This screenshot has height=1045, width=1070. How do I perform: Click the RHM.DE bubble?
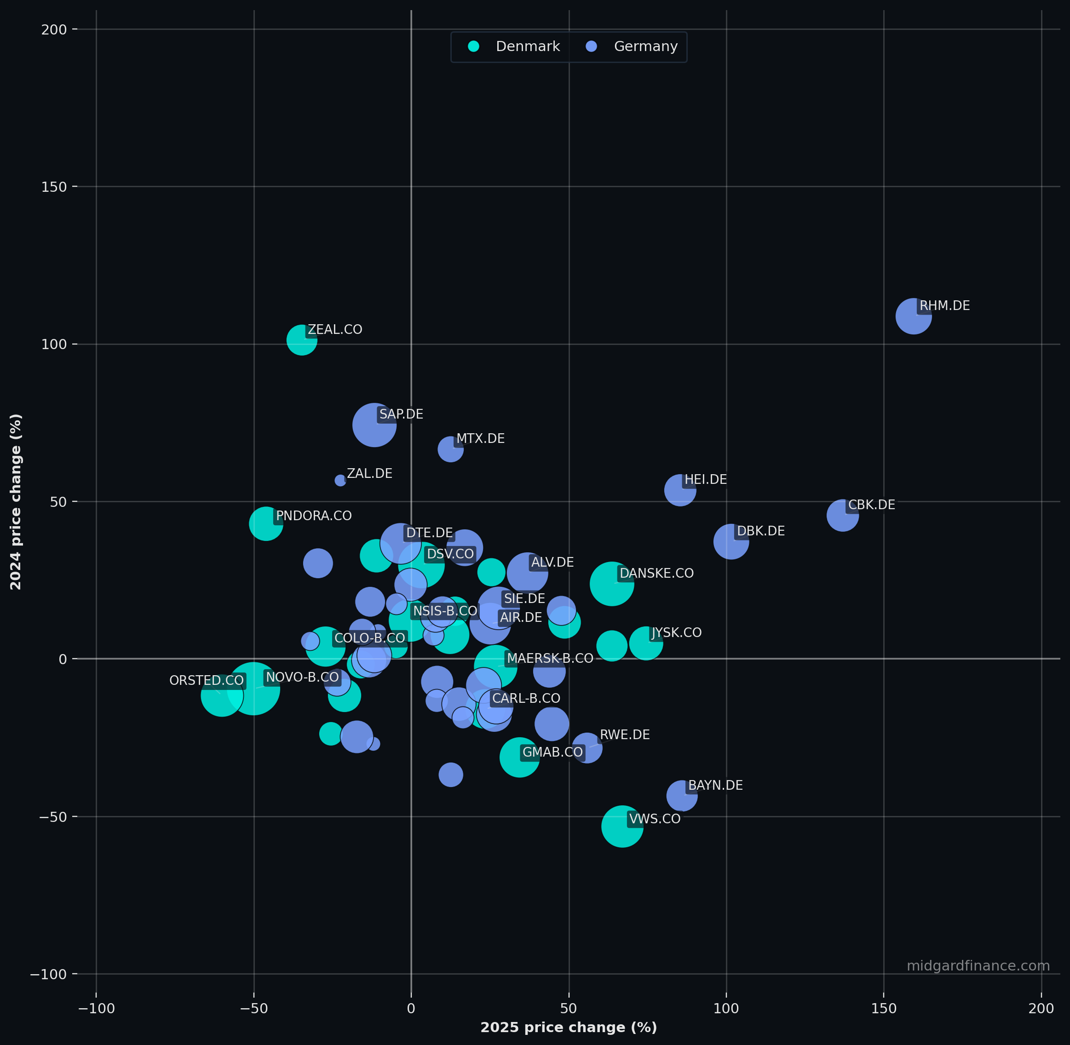(x=914, y=316)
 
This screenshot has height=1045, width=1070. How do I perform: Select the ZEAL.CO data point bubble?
(x=302, y=340)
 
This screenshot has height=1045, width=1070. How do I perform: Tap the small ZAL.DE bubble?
(x=340, y=480)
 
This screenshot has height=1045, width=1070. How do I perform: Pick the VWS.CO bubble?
(x=622, y=826)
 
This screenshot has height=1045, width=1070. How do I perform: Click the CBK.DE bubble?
(x=843, y=515)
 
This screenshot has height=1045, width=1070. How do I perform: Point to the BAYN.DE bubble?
(x=682, y=795)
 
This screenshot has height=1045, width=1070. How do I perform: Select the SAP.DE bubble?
(x=374, y=425)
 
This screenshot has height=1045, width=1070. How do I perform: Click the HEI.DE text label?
(x=706, y=480)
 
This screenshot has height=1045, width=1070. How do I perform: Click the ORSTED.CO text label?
(x=207, y=681)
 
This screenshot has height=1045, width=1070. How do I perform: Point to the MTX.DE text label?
(x=480, y=438)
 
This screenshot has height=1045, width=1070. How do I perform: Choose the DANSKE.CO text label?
(x=656, y=573)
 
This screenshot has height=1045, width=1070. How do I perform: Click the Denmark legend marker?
(x=473, y=46)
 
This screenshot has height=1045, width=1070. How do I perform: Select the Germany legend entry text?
(x=645, y=46)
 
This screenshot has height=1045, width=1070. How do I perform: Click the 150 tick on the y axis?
(x=54, y=187)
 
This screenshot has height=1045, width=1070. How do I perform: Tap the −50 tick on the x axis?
(x=253, y=1008)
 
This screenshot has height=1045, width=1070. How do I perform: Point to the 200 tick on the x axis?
(x=1041, y=1008)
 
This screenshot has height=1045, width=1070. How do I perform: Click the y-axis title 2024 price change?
(x=16, y=502)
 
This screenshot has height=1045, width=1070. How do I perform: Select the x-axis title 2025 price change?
(x=569, y=1028)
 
